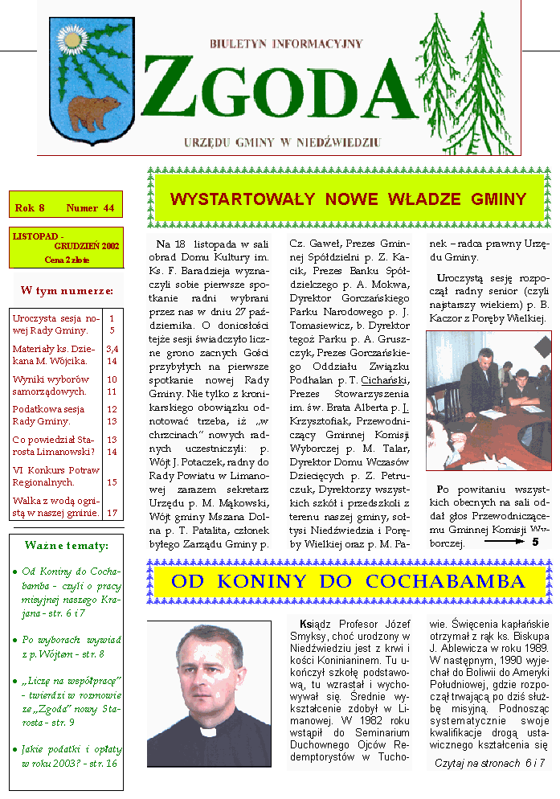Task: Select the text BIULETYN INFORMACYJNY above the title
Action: coord(286,43)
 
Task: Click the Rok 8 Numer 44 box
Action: coord(65,208)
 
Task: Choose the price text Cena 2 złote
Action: coord(67,260)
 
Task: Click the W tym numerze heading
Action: coord(67,289)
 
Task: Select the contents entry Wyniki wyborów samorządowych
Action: coord(51,385)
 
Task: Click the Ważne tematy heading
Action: coord(66,546)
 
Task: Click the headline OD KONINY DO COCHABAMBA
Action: coord(349,581)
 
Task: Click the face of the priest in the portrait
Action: coord(205,672)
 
